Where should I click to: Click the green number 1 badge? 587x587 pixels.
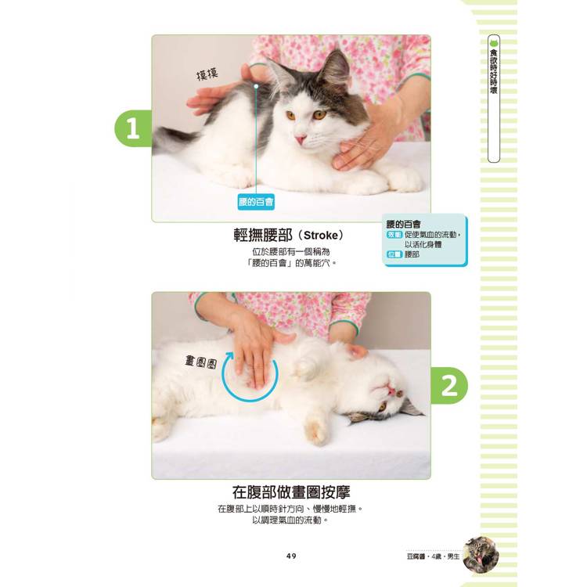click(133, 128)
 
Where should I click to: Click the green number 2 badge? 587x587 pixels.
click(449, 386)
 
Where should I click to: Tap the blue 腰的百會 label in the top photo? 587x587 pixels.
click(256, 202)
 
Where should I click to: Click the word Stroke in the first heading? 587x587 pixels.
click(321, 236)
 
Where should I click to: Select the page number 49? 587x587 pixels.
click(291, 556)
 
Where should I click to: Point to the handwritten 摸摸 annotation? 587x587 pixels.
click(207, 74)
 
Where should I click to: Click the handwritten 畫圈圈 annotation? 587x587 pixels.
click(201, 362)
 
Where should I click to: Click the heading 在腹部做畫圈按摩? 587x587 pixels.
click(291, 492)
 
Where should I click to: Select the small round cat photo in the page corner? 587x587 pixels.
click(481, 555)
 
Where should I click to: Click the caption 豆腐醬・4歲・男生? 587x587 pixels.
click(433, 556)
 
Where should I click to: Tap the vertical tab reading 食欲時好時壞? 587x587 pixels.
click(494, 99)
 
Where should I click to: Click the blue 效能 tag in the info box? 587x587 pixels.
click(394, 235)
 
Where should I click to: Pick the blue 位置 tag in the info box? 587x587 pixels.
click(394, 254)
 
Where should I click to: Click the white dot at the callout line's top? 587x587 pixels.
click(256, 86)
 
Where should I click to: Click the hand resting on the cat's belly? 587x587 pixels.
click(255, 346)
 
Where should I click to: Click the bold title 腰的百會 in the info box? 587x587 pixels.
click(404, 225)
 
